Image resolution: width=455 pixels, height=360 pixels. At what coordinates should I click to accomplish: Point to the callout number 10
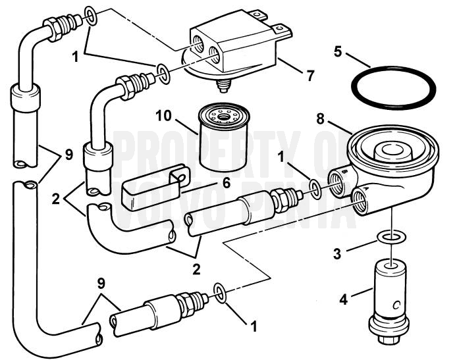tap(163, 116)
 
